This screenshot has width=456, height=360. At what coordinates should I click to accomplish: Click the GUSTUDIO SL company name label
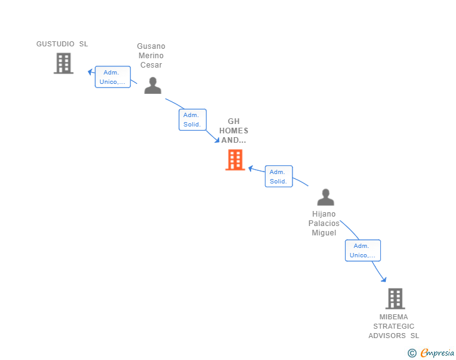pyautogui.click(x=62, y=44)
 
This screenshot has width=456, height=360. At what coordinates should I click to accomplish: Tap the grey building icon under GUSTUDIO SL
pyautogui.click(x=63, y=63)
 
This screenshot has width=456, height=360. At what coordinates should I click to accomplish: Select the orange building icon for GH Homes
pyautogui.click(x=235, y=160)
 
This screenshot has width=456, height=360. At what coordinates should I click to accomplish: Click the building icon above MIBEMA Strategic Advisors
pyautogui.click(x=395, y=299)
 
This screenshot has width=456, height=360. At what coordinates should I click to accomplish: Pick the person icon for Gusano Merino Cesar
pyautogui.click(x=153, y=86)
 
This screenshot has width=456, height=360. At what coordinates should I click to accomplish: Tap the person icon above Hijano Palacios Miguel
pyautogui.click(x=326, y=197)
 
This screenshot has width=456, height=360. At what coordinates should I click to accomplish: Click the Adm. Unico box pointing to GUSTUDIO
pyautogui.click(x=113, y=77)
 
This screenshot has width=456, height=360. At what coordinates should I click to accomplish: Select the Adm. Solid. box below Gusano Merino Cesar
pyautogui.click(x=192, y=120)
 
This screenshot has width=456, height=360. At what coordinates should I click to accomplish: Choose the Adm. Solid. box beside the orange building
pyautogui.click(x=279, y=176)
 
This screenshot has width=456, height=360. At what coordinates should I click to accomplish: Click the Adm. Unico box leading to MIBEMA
pyautogui.click(x=363, y=250)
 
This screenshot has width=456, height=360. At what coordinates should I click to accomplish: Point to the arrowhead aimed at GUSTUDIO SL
pyautogui.click(x=90, y=71)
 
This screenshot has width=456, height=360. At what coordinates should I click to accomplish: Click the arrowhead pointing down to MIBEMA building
pyautogui.click(x=384, y=279)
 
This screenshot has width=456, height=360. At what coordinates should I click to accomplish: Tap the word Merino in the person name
pyautogui.click(x=151, y=56)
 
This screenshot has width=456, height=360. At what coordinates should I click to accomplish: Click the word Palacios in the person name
pyautogui.click(x=324, y=224)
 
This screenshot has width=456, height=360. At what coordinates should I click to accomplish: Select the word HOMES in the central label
pyautogui.click(x=234, y=131)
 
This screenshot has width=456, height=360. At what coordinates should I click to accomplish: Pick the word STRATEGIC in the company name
pyautogui.click(x=394, y=326)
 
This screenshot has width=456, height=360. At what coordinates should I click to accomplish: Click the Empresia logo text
pyautogui.click(x=437, y=352)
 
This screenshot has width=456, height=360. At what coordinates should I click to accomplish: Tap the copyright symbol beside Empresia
pyautogui.click(x=412, y=353)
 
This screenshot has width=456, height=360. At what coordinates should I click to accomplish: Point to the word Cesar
pyautogui.click(x=151, y=65)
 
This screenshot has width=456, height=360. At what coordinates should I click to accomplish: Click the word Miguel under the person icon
pyautogui.click(x=324, y=233)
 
